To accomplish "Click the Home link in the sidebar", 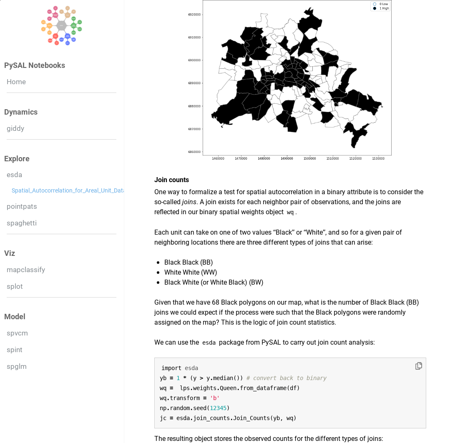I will (x=16, y=82).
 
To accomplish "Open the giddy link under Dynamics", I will (x=15, y=128).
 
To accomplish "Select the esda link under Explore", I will (x=14, y=175).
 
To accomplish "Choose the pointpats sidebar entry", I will (x=22, y=206).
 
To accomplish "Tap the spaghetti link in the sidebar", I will (x=22, y=223).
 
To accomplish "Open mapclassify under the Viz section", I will (x=26, y=270).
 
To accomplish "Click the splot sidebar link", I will (x=15, y=286).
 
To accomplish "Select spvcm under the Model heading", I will (x=17, y=333).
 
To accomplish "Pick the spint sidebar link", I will (x=15, y=350).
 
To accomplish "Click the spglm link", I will (x=17, y=366).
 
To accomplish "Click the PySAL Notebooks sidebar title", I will (x=35, y=65).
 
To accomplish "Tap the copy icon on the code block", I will (x=419, y=366).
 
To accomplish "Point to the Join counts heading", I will (x=171, y=180).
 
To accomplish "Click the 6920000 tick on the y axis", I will (x=194, y=15).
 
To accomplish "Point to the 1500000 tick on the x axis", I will (x=309, y=159).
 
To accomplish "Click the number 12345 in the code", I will (x=218, y=408).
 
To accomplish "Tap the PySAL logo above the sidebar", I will (x=61, y=25).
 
